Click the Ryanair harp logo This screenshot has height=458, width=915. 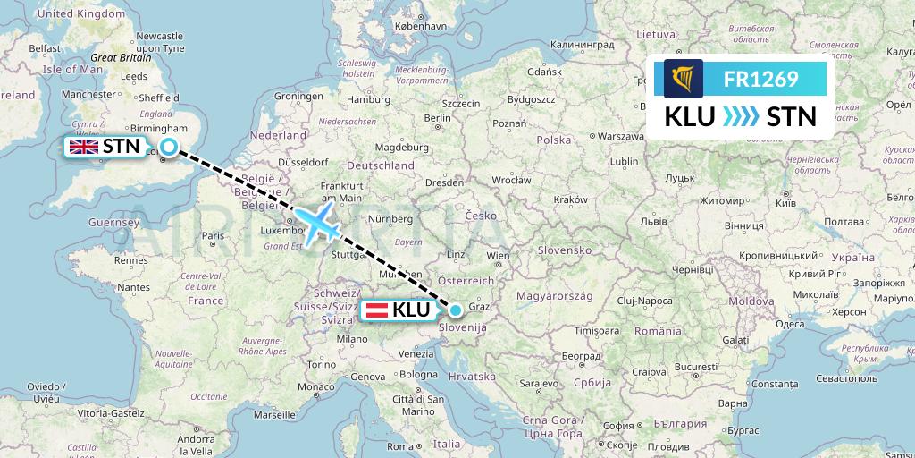(684, 80)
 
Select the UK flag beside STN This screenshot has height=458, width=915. (85, 147)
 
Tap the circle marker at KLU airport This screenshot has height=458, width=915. (456, 310)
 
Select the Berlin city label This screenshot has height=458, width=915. (438, 117)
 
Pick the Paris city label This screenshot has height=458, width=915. (212, 236)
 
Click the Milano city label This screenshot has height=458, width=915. (352, 340)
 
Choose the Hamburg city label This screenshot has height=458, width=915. (364, 98)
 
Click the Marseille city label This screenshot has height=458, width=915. (273, 415)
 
